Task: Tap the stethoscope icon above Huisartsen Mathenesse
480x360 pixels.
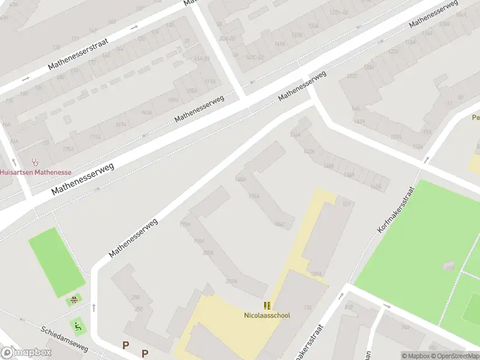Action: pos(35,162)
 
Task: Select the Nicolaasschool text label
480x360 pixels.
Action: pos(267,315)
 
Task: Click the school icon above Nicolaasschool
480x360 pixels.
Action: pos(267,306)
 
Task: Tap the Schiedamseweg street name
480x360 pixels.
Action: pos(65,339)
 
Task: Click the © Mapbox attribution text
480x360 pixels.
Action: pos(415,356)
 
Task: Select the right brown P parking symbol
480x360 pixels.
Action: pos(145,353)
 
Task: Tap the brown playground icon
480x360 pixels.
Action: pos(74,299)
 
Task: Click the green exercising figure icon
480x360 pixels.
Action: pos(77,327)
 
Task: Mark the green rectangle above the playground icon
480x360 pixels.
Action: pos(56,261)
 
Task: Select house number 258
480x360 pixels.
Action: pos(136,297)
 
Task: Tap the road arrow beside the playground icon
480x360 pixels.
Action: pos(94,308)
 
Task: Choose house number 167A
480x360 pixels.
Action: pos(121,125)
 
